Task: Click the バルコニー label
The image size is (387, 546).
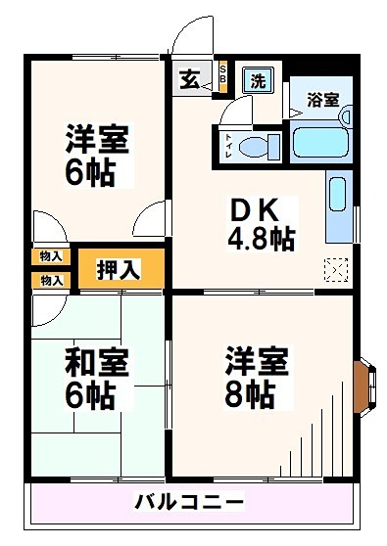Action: point(190,504)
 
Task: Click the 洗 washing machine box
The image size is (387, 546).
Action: point(259,80)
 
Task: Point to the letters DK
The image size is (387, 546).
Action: point(258,209)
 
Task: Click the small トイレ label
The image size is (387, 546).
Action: point(228,145)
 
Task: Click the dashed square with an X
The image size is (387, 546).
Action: point(335,267)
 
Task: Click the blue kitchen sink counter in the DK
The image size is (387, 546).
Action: point(337,205)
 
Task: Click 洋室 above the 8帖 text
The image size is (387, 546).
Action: point(257,361)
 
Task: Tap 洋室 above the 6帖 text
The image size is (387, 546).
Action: point(98,137)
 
